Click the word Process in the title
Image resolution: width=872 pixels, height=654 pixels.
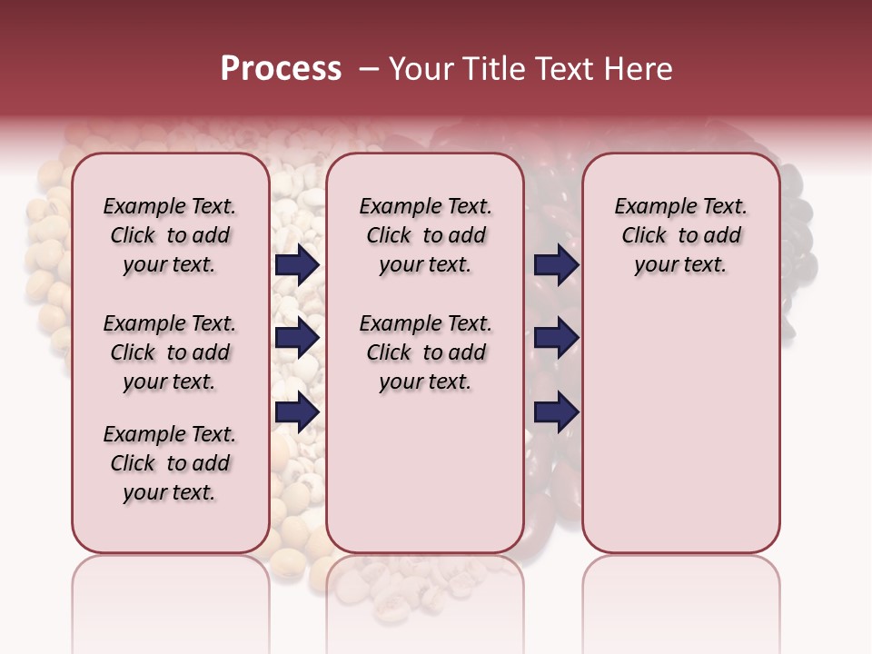pyautogui.click(x=281, y=69)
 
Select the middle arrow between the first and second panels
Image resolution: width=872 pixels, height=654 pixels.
pyautogui.click(x=297, y=339)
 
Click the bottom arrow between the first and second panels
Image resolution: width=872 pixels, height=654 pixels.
pyautogui.click(x=297, y=412)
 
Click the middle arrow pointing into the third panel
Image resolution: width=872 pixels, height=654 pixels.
pyautogui.click(x=556, y=339)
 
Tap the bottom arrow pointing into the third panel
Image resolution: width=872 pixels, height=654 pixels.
pyautogui.click(x=556, y=412)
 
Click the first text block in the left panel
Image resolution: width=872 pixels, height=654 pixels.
pyautogui.click(x=170, y=235)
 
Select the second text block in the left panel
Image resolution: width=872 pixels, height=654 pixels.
pyautogui.click(x=170, y=352)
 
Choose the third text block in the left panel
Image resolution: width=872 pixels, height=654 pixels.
pyautogui.click(x=170, y=463)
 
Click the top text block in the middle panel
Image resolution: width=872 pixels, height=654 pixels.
pyautogui.click(x=425, y=235)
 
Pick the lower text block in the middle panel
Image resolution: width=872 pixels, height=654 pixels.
pyautogui.click(x=425, y=352)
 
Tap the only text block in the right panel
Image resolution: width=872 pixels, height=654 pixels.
pyautogui.click(x=680, y=235)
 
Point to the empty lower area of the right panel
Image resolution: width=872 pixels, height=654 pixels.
pyautogui.click(x=680, y=427)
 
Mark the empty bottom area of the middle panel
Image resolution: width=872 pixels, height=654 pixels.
pyautogui.click(x=425, y=481)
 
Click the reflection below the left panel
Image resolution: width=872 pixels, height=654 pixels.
pyautogui.click(x=171, y=590)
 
